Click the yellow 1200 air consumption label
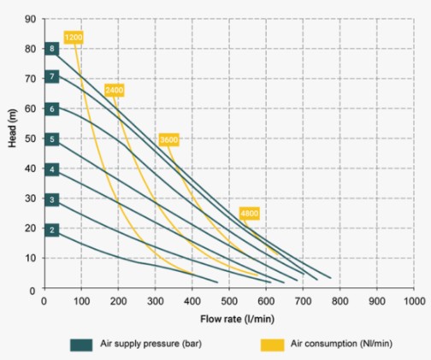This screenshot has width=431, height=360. (x=74, y=38)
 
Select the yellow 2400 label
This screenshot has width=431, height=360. (x=115, y=91)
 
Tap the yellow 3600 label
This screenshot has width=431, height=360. (x=169, y=139)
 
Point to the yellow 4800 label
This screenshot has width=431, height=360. (x=250, y=214)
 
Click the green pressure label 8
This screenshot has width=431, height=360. (x=52, y=49)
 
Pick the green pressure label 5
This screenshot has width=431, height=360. (x=52, y=139)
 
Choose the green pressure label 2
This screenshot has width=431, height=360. (x=52, y=230)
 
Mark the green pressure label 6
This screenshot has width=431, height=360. (x=52, y=109)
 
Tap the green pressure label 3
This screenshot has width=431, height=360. (x=52, y=199)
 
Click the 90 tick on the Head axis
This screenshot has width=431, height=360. (x=31, y=20)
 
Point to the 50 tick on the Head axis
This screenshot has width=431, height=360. (x=31, y=139)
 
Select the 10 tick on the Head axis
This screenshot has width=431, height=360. (x=31, y=258)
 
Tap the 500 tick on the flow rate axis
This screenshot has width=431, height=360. (x=229, y=301)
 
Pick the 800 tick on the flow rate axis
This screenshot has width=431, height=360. (x=340, y=301)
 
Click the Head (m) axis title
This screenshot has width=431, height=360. (x=12, y=128)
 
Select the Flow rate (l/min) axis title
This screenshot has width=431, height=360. (x=238, y=319)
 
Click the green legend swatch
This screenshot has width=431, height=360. (x=81, y=345)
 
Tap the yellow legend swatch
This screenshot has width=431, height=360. (x=272, y=345)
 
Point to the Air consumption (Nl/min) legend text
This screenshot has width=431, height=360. (x=341, y=344)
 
